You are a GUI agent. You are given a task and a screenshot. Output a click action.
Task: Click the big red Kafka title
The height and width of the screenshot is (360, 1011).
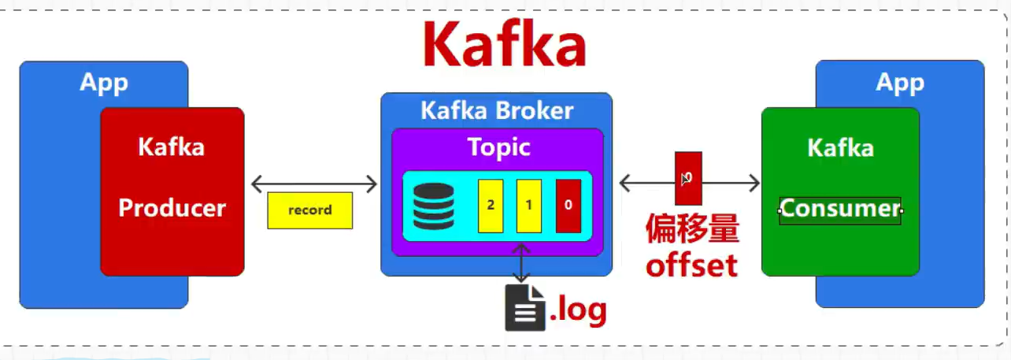(x=504, y=45)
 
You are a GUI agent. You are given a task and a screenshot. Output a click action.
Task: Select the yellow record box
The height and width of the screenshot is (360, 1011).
(x=309, y=210)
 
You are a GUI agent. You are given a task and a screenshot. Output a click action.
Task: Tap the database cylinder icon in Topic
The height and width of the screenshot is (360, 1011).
(x=433, y=206)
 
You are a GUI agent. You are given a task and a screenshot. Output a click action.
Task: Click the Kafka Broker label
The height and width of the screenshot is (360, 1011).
(x=496, y=110)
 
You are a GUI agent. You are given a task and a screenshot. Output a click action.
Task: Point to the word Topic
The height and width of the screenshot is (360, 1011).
(x=498, y=147)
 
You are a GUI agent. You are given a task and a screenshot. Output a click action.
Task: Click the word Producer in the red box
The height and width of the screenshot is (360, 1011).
(x=172, y=208)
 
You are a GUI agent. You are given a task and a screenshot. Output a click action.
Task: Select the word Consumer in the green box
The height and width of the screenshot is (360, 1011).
(x=839, y=209)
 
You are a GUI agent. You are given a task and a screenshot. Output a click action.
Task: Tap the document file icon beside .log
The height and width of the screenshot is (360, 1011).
(x=525, y=306)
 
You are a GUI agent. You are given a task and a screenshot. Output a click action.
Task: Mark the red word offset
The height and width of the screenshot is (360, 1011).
(x=691, y=265)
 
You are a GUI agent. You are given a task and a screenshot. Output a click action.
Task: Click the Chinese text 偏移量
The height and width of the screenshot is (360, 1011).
(x=692, y=231)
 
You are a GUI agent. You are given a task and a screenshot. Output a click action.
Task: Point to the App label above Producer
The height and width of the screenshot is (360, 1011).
(x=103, y=83)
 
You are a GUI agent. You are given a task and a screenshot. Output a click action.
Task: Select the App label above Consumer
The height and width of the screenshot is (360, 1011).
(x=899, y=83)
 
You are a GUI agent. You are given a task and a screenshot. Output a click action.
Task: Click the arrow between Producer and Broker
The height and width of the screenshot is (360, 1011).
(x=314, y=184)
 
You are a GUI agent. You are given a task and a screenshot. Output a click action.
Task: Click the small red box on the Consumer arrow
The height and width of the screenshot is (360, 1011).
(x=687, y=178)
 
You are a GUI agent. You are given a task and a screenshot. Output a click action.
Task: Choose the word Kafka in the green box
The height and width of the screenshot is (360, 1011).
(x=840, y=148)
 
